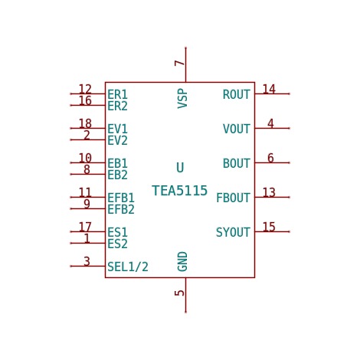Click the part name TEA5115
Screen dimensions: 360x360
[179, 191]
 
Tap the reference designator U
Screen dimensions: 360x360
[180, 168]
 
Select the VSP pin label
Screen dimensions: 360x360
[182, 99]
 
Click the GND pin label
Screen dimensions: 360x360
[182, 261]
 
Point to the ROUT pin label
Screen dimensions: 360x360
[237, 94]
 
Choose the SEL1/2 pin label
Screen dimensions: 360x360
[128, 267]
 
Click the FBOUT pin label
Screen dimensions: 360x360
[233, 198]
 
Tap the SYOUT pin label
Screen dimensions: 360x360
[233, 232]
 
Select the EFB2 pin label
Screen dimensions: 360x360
[121, 209]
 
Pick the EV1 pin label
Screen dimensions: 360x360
[117, 129]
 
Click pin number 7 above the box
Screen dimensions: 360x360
[179, 63]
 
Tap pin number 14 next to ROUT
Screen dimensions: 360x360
[269, 89]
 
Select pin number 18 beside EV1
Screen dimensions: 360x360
[85, 123]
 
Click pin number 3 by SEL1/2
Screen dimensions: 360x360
[87, 261]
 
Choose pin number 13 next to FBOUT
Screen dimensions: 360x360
[269, 192]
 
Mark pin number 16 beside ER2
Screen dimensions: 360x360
[85, 100]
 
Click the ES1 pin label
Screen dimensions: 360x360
[117, 232]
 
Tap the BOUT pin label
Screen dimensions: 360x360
[237, 163]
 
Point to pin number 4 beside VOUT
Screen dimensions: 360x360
[270, 123]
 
